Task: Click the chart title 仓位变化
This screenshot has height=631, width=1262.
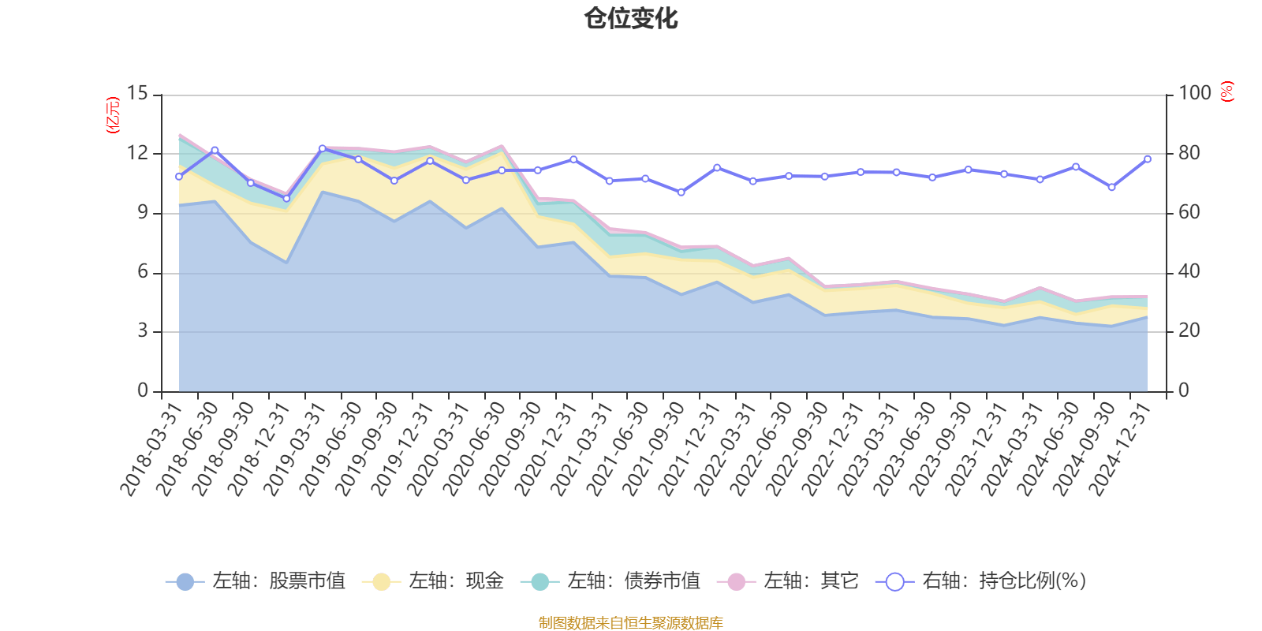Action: tap(631, 18)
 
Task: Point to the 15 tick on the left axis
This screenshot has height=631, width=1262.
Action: tap(137, 94)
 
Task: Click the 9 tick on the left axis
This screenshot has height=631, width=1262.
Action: tap(143, 212)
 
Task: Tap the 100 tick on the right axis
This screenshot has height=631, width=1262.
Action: tap(1194, 93)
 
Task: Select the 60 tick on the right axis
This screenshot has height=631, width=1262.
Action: tap(1189, 212)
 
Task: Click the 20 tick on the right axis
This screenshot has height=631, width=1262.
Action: tap(1189, 331)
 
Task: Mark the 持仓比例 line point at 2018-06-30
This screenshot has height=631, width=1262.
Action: tap(215, 150)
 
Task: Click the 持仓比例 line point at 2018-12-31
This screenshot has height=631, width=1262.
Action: tap(286, 199)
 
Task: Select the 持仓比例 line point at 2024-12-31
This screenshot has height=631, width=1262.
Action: tap(1147, 159)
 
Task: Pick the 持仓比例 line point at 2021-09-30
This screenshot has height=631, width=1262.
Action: tap(681, 192)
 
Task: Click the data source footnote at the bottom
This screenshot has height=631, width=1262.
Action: tap(630, 623)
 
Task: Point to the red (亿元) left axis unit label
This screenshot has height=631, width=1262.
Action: tap(112, 115)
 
